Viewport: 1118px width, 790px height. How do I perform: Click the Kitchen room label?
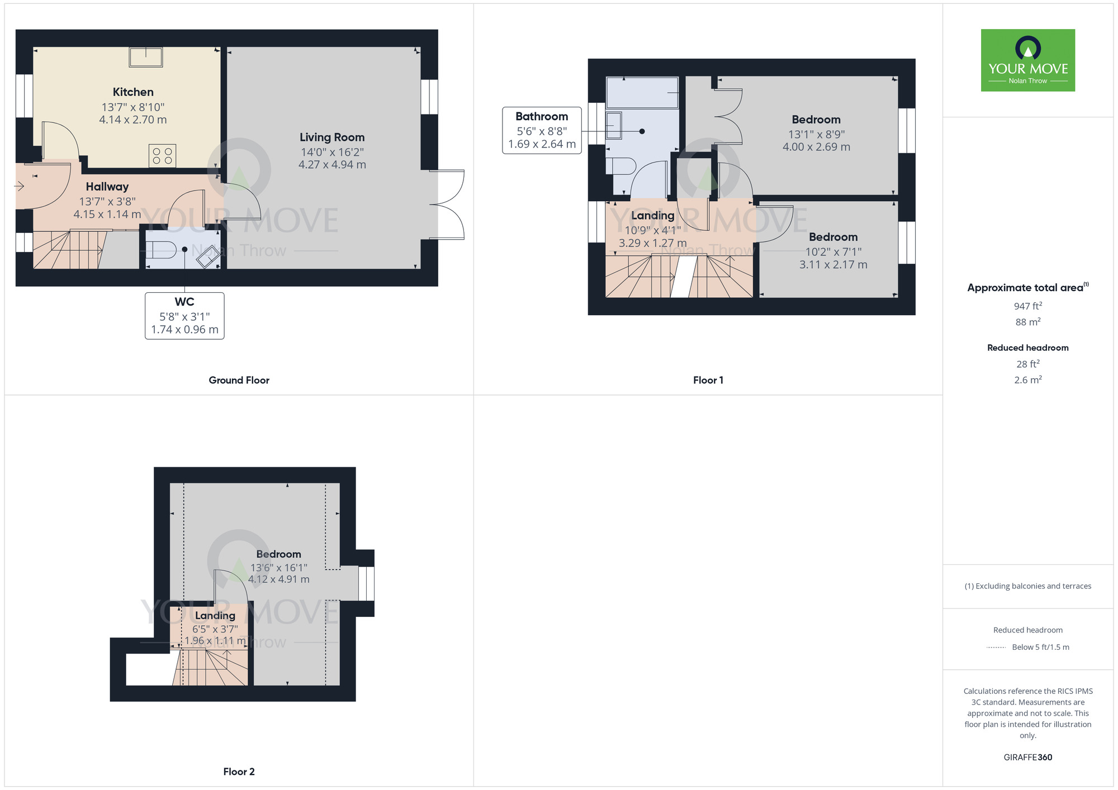(133, 92)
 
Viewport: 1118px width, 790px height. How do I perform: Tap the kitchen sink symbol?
(146, 57)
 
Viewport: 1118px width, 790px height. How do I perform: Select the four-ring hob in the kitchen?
(162, 156)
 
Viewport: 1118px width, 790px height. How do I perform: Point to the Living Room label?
(332, 137)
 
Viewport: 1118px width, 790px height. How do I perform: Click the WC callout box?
(184, 316)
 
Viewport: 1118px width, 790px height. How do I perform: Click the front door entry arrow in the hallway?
(20, 186)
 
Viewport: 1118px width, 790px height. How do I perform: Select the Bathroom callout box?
(542, 131)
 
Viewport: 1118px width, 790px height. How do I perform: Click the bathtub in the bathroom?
(642, 93)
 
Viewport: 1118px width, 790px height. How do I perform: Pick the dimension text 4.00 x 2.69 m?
(816, 147)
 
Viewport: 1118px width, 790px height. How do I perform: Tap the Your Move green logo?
(1028, 60)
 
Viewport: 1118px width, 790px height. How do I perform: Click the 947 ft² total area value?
(1028, 306)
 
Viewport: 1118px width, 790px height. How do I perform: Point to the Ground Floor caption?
(239, 380)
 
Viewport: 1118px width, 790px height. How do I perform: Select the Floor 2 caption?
(239, 772)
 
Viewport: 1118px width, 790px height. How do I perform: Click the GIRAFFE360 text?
(1028, 758)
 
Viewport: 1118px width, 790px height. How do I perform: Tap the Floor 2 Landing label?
(215, 616)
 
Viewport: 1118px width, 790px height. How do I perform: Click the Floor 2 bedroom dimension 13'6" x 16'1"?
(279, 568)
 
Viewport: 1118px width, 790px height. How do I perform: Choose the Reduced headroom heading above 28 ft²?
(1028, 348)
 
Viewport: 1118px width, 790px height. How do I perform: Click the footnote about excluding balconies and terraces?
(1028, 586)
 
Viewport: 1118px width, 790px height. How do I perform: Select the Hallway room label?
(107, 187)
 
